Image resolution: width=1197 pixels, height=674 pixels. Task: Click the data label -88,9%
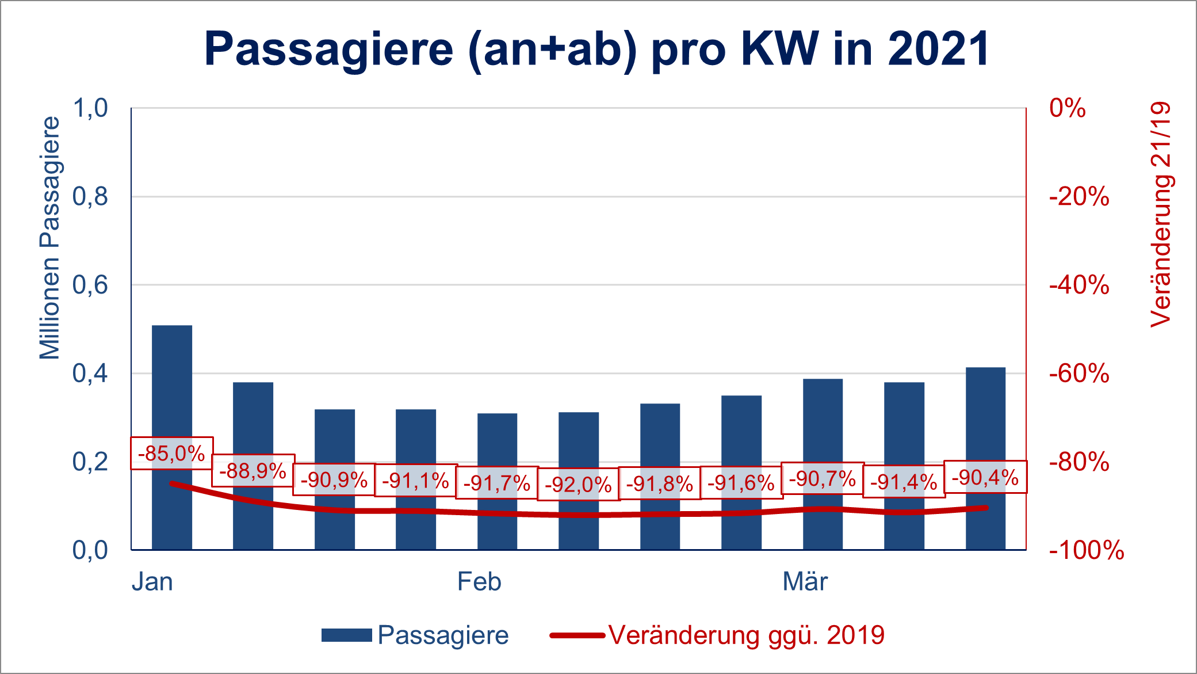(x=253, y=471)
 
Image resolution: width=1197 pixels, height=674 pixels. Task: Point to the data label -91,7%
(x=497, y=483)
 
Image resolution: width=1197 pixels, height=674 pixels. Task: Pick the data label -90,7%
(x=823, y=478)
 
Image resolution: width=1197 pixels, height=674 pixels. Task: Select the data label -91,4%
(x=904, y=482)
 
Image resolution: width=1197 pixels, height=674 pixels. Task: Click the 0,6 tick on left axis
(x=90, y=285)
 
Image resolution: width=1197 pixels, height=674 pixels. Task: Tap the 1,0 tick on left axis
(x=90, y=108)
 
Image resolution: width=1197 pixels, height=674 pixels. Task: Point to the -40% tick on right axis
(x=1079, y=285)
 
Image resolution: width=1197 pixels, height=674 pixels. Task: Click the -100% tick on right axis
(x=1086, y=550)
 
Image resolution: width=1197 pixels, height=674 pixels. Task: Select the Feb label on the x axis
(x=479, y=582)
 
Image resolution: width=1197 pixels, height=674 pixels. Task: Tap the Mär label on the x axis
(x=805, y=582)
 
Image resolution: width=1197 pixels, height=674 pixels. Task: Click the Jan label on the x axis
(x=152, y=582)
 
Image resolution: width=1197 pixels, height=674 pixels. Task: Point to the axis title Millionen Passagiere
(x=49, y=238)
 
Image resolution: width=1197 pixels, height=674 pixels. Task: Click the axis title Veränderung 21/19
(x=1161, y=215)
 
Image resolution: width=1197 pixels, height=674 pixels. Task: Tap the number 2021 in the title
(x=938, y=48)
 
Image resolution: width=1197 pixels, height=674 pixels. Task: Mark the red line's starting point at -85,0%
(x=172, y=483)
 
